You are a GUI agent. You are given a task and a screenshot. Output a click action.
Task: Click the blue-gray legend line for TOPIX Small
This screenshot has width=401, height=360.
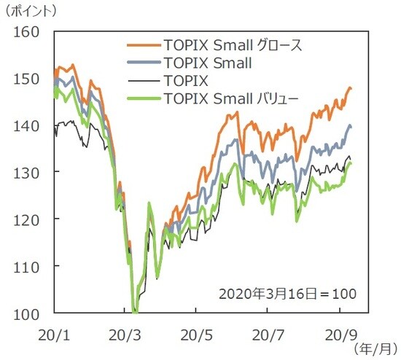click(x=142, y=63)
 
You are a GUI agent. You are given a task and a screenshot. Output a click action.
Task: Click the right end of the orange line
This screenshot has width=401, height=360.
click(x=351, y=88)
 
